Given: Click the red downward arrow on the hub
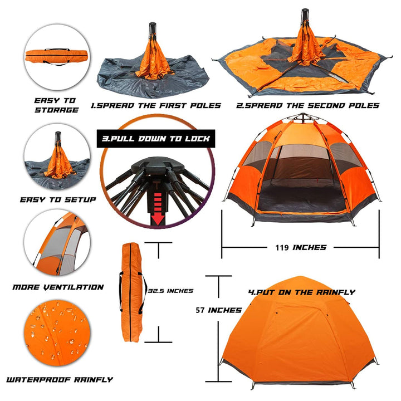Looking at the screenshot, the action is coord(158,209).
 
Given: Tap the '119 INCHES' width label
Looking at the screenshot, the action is coord(301,247).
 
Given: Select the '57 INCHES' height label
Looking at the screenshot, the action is coord(219,310).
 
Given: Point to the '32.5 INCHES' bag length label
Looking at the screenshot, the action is coord(170,291).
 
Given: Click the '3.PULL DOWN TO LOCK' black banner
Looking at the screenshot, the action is coord(156,139).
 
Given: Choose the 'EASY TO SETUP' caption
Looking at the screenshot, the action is coord(58,200).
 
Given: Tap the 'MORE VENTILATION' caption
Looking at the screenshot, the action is coord(58,287).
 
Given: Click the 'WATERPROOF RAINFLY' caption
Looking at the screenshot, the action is coord(60,379).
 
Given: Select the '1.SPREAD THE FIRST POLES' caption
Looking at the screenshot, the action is coord(156,106).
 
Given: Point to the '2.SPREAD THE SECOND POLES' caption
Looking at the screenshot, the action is coord(307,106).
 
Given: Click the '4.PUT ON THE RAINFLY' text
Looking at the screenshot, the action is coord(302,292).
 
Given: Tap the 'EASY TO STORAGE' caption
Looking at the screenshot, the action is coord(56,105).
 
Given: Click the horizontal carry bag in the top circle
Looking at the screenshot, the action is coord(56,56).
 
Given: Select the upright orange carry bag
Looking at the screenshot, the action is coord(131,292).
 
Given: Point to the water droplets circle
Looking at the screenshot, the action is coord(57,333).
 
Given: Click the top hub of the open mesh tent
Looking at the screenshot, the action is coord(304,117).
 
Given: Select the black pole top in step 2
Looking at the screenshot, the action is coord(305,16).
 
